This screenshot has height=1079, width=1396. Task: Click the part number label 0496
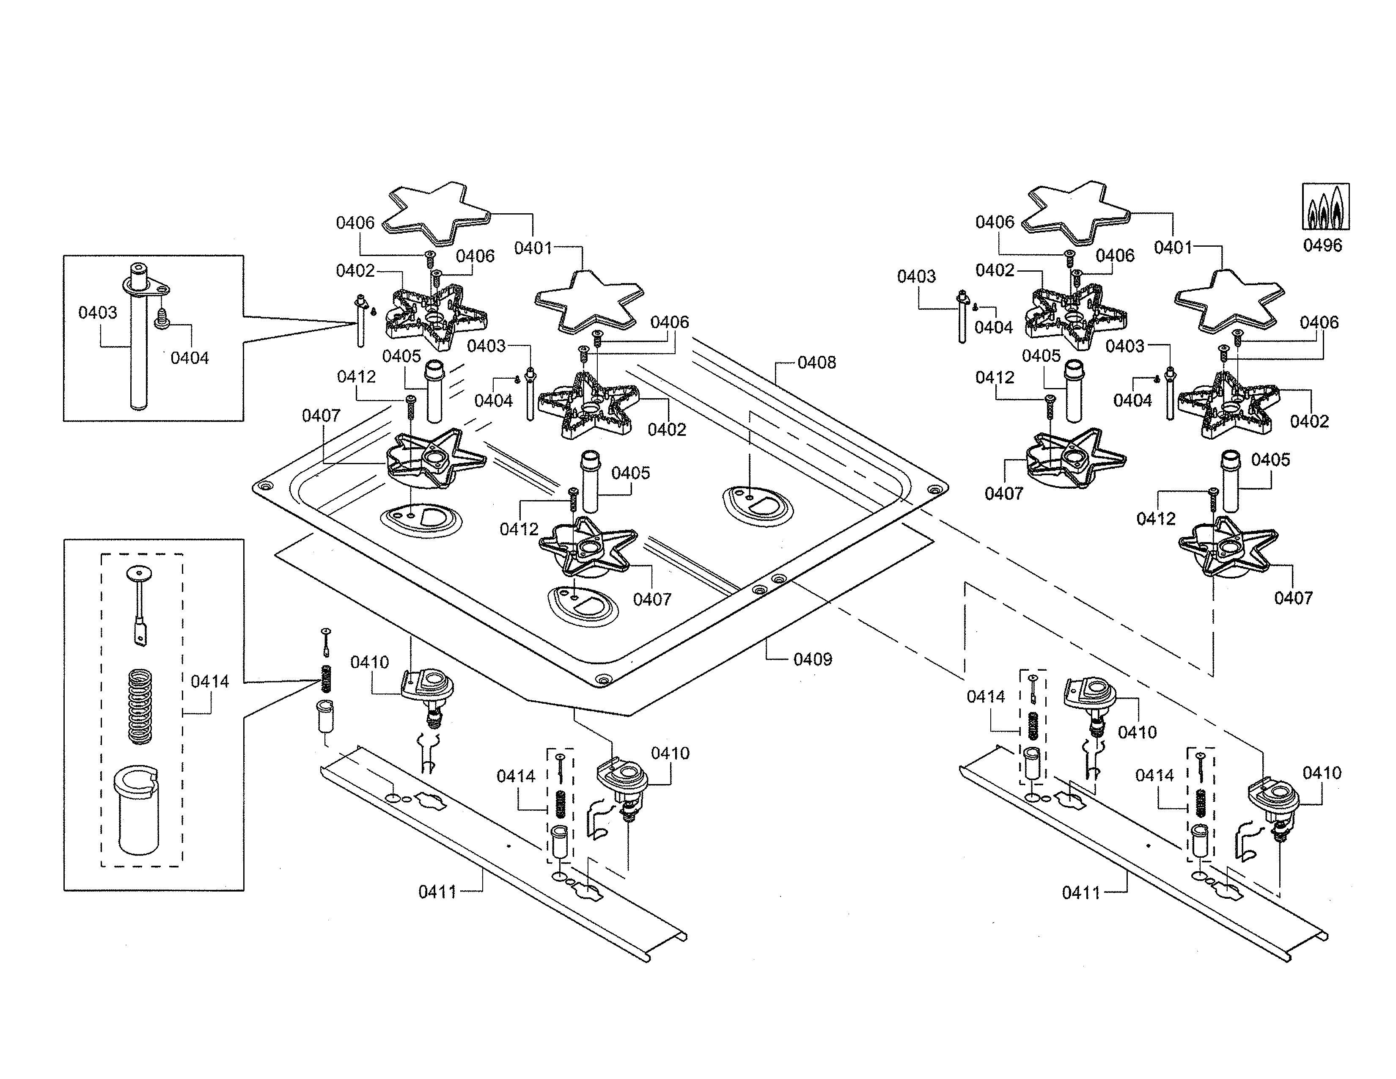coord(1322,245)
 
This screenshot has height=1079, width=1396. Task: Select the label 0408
coord(816,363)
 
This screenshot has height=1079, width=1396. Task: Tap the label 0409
coord(812,659)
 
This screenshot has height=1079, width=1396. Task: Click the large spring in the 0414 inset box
coord(140,706)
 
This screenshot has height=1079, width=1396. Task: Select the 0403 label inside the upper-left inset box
coord(98,313)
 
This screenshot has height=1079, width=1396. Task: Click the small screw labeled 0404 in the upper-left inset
coord(161,318)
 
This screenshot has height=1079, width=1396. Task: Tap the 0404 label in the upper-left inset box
coord(189,358)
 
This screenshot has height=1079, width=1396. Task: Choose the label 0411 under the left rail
coord(437,892)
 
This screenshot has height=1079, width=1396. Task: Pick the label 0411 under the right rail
coord(1081,892)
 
